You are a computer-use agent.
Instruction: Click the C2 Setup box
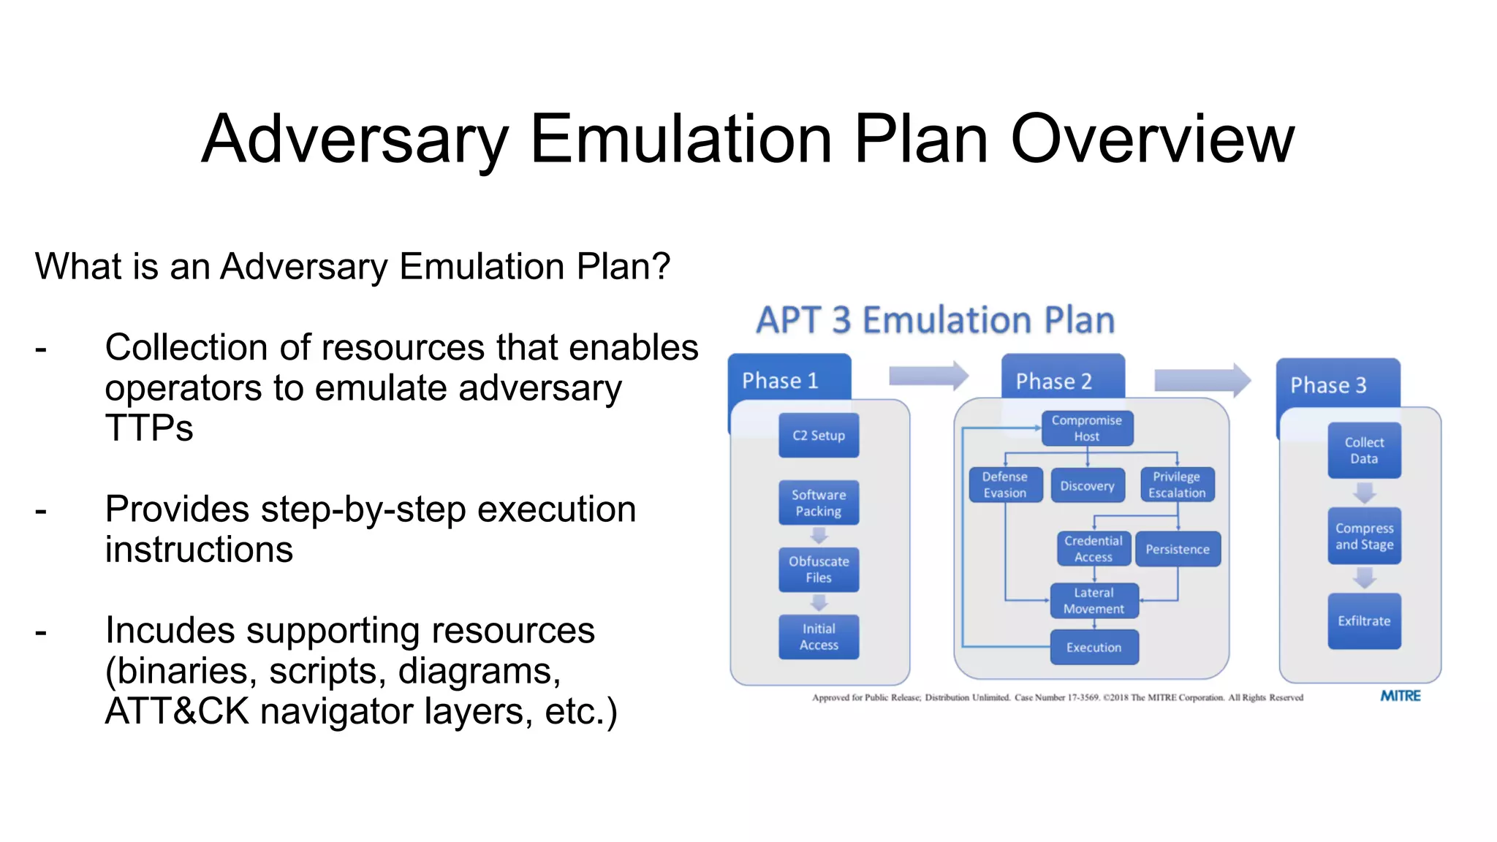[819, 436]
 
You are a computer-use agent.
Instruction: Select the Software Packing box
[819, 503]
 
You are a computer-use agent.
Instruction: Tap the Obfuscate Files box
[819, 569]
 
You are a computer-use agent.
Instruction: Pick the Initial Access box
[819, 637]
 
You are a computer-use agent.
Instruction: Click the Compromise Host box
[1087, 428]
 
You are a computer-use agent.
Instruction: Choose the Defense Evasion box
[1005, 485]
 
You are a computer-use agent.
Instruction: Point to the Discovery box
[1087, 486]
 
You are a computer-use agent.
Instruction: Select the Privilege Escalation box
[1177, 485]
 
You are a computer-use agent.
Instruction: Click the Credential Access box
[1094, 549]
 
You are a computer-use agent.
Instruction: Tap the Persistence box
[1178, 550]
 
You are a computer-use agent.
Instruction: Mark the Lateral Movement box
[1094, 601]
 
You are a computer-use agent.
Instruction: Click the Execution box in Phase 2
[1094, 648]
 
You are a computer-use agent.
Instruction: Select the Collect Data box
[1364, 450]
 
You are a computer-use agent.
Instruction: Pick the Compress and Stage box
[1364, 536]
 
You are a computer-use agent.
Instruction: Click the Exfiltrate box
[1364, 621]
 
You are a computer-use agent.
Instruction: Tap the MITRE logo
[1400, 696]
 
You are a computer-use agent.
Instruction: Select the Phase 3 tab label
[1328, 385]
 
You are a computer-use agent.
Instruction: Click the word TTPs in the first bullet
[149, 428]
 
